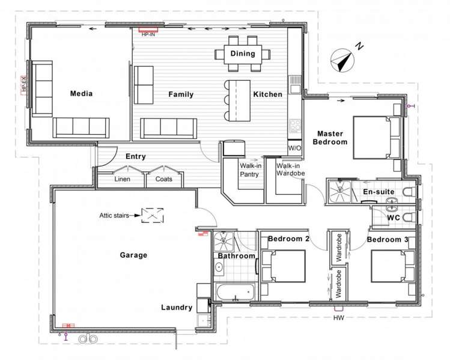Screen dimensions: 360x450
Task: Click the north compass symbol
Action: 343,59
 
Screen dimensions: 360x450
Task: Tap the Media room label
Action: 82,93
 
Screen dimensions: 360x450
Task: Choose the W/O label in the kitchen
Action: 295,147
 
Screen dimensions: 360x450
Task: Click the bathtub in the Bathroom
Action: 235,293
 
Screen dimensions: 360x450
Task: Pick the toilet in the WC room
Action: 406,216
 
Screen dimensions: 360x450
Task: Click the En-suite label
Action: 378,192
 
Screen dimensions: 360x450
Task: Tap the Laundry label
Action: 177,307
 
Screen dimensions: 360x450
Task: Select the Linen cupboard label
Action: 123,179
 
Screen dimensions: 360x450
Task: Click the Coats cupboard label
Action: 164,179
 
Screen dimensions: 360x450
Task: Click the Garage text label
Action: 133,255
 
